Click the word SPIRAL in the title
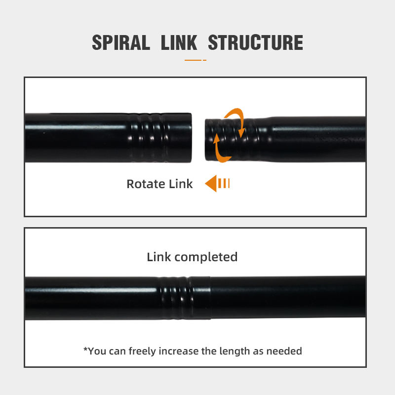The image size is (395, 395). (121, 43)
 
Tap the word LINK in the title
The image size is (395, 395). (178, 43)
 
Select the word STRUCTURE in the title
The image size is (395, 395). (255, 43)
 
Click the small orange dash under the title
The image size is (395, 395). (195, 60)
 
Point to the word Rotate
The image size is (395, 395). (146, 184)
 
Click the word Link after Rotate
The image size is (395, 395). (181, 184)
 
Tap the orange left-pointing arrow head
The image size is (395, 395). (211, 184)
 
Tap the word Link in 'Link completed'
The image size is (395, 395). (159, 257)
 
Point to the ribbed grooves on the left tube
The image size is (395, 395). (151, 138)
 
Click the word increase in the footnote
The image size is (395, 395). (181, 351)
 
